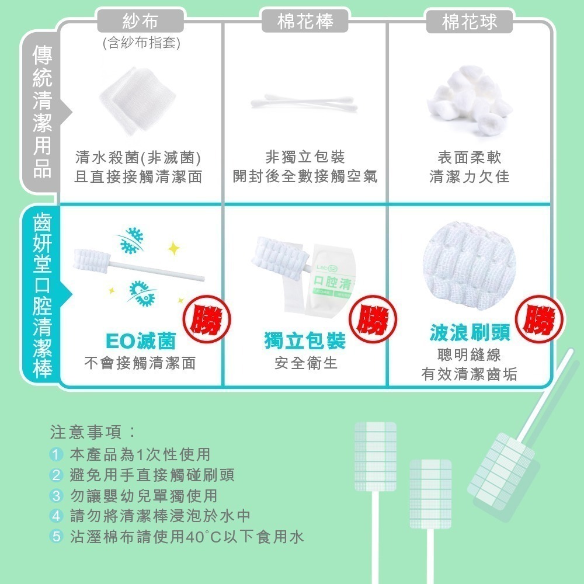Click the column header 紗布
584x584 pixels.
pos(140,22)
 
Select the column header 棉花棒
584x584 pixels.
pos(305,22)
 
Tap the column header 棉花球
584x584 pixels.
pos(470,22)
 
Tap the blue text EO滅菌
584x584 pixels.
pos(141,341)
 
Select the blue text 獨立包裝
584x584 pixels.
pos(305,341)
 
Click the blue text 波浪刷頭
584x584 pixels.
pos(470,332)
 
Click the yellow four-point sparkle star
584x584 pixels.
pos(173,249)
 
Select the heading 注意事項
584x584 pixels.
pos(93,433)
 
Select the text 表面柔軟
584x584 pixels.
pos(470,157)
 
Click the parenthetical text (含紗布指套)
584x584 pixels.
pos(140,44)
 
